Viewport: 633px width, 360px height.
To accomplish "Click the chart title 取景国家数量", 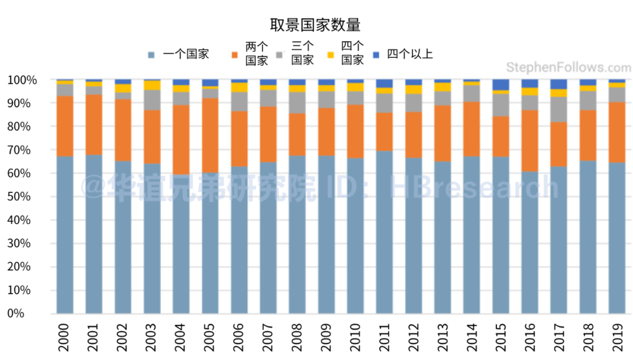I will (315, 25).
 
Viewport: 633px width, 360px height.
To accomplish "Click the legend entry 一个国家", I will (185, 55).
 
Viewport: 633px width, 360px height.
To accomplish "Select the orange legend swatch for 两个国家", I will (235, 55).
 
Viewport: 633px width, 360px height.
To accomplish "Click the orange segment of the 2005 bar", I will (210, 135).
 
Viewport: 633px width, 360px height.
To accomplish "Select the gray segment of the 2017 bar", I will (559, 109).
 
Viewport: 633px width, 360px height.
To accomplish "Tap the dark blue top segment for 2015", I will (501, 84).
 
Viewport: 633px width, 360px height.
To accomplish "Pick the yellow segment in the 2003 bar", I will (152, 85).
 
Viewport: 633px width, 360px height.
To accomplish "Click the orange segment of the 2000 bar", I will (65, 126).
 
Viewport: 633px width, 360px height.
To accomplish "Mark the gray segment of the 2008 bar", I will (297, 103).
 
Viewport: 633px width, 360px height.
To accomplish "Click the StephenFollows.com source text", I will (568, 67).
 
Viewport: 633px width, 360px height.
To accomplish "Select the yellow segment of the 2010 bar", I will (355, 87).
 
